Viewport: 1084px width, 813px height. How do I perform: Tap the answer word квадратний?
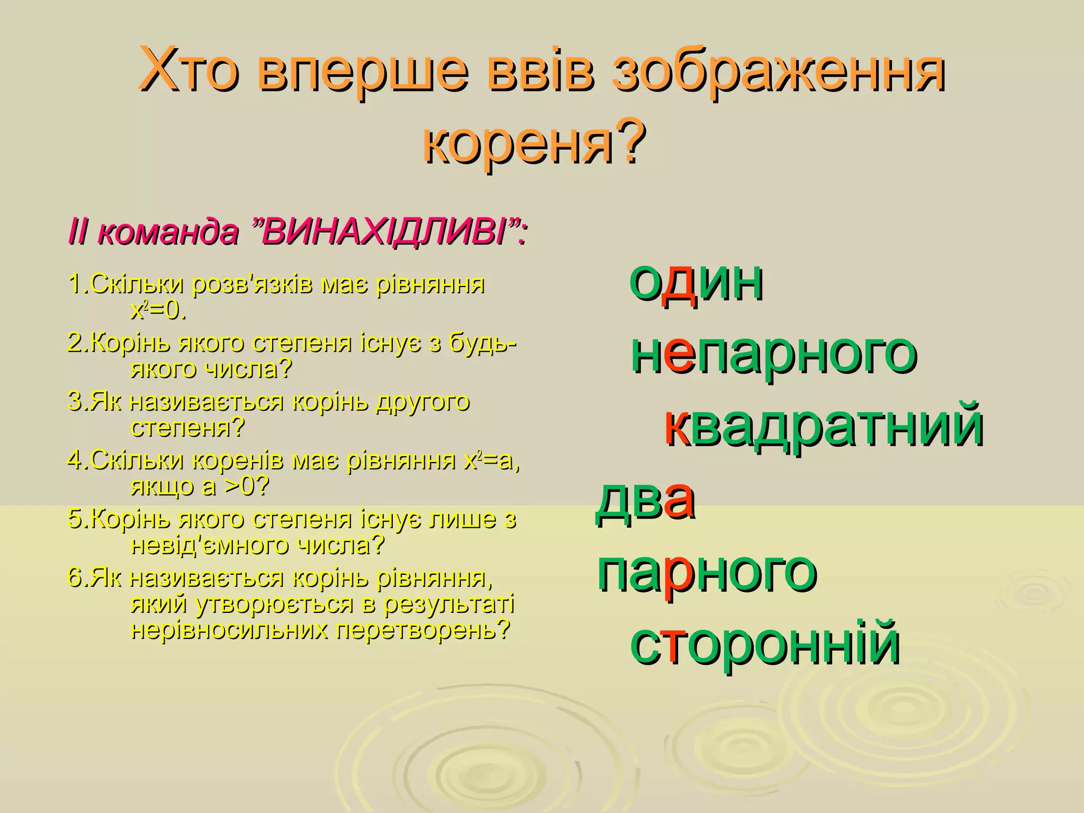824,428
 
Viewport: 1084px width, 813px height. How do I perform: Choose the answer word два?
644,501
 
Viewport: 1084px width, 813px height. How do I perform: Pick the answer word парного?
707,574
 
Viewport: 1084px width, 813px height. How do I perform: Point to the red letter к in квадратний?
675,428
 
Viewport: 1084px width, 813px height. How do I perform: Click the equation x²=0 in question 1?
158,311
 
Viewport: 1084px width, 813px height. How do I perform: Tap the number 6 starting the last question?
75,578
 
